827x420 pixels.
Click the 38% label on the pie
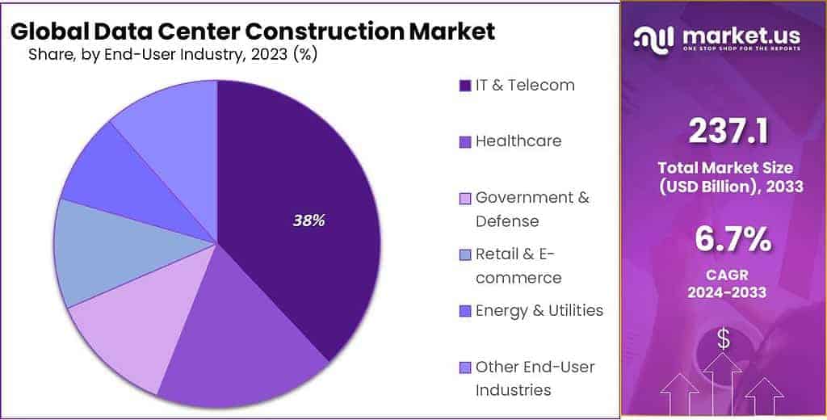point(308,220)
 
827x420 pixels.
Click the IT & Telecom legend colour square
point(464,86)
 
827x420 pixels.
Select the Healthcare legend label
point(518,141)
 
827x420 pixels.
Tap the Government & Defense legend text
point(531,208)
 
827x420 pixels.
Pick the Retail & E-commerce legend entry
point(518,266)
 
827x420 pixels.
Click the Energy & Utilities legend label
point(539,310)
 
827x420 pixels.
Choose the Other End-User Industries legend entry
point(535,378)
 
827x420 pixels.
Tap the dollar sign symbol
point(724,340)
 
